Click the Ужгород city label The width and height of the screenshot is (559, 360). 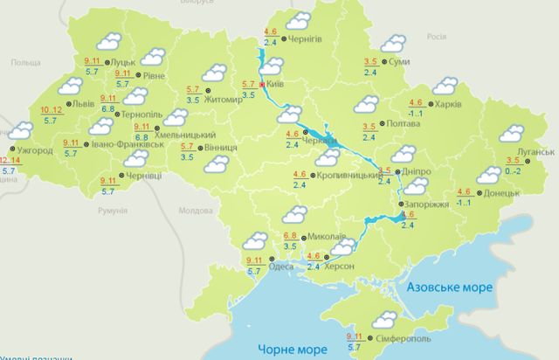pos(35,150)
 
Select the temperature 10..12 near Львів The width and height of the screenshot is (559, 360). pos(52,110)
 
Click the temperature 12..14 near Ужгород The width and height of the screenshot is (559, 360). pos(12,161)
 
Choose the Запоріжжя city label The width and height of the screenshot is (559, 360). pos(428,203)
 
